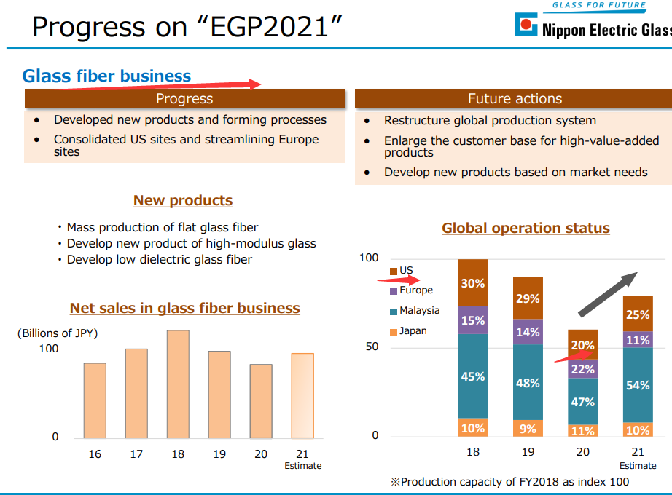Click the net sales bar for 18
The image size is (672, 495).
(x=178, y=384)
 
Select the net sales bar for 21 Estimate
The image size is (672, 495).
(x=302, y=395)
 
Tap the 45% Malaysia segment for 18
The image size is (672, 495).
(x=473, y=376)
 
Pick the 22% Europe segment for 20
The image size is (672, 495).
(x=583, y=369)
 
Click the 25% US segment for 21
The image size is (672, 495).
(x=638, y=314)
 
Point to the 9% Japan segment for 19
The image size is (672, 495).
(x=528, y=428)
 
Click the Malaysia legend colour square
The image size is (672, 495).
(x=394, y=312)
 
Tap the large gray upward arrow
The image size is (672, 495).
(x=608, y=294)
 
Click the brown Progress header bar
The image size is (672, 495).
(x=184, y=99)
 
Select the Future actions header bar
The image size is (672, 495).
(x=515, y=99)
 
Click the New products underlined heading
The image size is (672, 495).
(x=183, y=201)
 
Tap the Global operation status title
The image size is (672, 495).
(x=526, y=229)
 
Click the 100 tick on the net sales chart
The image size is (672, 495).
(x=49, y=349)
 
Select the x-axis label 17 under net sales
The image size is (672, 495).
(x=136, y=454)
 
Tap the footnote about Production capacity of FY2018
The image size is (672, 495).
(x=509, y=481)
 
